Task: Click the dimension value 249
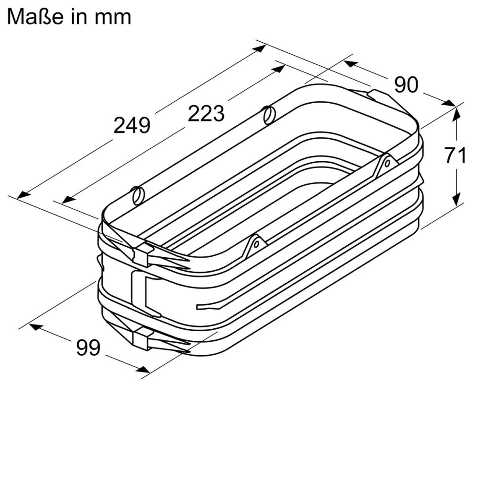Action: (132, 125)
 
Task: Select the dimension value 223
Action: (206, 113)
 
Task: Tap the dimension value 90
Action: (406, 85)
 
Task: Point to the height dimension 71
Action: (455, 156)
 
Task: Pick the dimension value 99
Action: (88, 347)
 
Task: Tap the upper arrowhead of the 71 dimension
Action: (456, 113)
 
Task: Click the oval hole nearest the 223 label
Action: (269, 115)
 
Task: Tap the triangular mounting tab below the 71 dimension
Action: (387, 164)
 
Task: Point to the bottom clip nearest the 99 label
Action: (142, 339)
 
